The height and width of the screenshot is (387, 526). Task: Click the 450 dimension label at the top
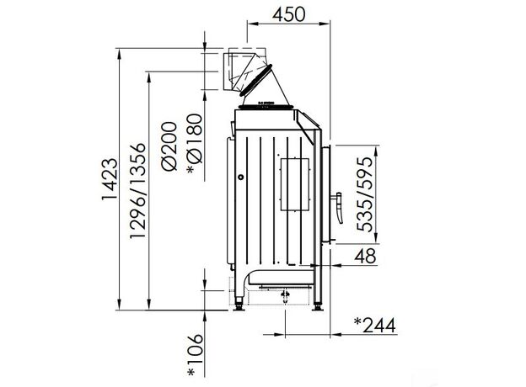tap(288, 14)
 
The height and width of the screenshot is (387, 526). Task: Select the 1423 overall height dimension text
tap(110, 179)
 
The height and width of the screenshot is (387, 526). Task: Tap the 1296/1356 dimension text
tap(138, 190)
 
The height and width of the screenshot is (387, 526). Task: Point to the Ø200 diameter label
tap(169, 146)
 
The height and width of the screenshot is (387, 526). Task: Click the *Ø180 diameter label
tap(195, 144)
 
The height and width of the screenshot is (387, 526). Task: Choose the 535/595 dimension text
tap(365, 193)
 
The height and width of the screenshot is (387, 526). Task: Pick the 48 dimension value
tap(366, 256)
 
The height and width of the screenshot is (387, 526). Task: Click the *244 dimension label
tap(375, 326)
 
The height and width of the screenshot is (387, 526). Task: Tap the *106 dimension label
tap(196, 355)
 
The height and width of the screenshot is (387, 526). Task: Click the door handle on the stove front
tap(340, 208)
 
